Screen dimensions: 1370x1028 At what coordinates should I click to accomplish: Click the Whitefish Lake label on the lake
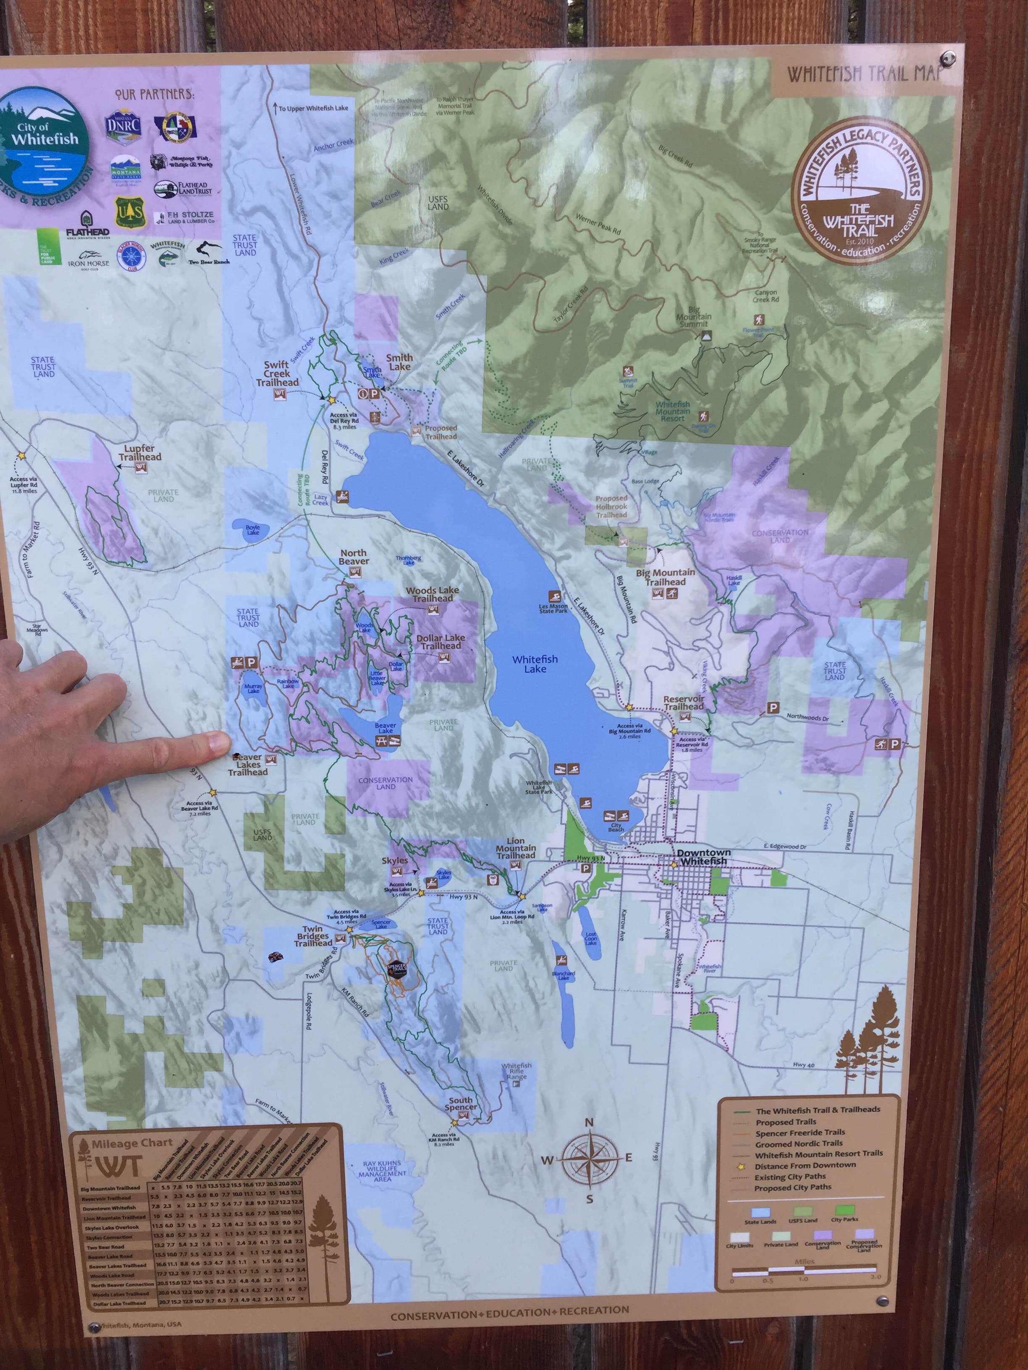tap(535, 664)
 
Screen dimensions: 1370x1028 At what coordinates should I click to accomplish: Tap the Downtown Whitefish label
tap(703, 857)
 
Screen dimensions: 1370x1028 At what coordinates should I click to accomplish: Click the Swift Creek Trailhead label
tap(277, 374)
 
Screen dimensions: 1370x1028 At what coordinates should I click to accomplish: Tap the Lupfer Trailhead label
tap(139, 453)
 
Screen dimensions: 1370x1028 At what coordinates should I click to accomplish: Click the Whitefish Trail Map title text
tap(864, 74)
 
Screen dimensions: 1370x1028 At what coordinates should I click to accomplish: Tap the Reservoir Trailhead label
tap(684, 702)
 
